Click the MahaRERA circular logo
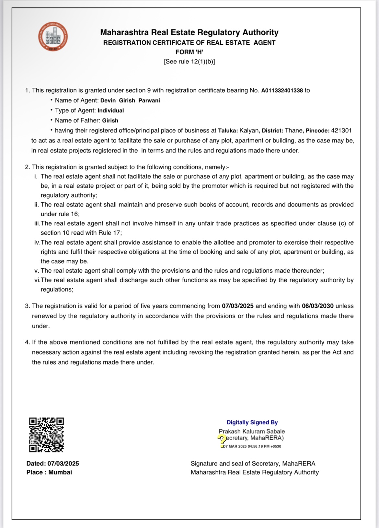(53, 37)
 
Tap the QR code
(46, 434)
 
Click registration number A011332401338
(282, 91)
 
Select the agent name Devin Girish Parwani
(130, 101)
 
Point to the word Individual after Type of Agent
(110, 111)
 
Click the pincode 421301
(341, 131)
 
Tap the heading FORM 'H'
(189, 52)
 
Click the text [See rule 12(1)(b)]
(189, 62)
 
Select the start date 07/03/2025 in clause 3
(237, 306)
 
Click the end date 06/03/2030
(317, 306)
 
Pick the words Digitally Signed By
(252, 422)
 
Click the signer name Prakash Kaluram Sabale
(252, 432)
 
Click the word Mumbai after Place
(60, 472)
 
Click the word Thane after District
(293, 131)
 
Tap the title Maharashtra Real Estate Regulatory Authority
(189, 32)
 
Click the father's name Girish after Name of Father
(110, 121)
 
